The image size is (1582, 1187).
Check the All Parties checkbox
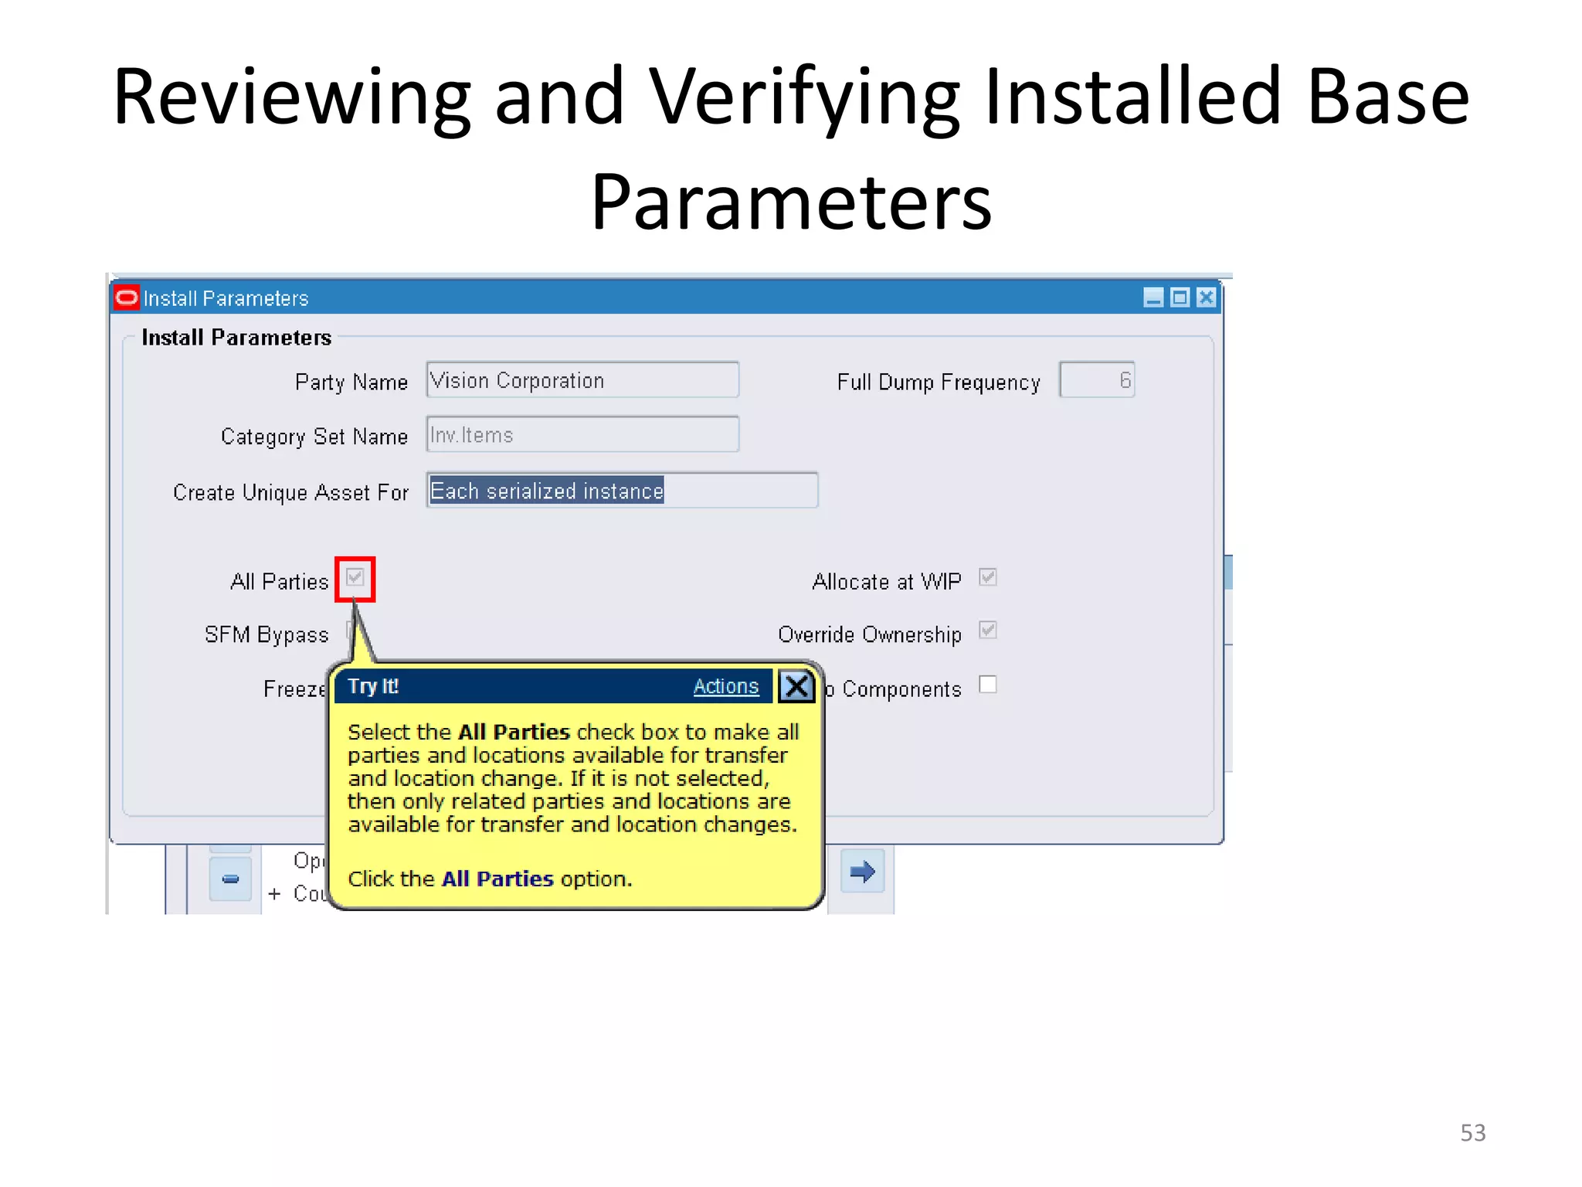click(355, 577)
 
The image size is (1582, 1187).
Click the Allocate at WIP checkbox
click(987, 577)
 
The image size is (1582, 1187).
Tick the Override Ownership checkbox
click(987, 631)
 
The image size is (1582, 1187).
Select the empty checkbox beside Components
click(987, 685)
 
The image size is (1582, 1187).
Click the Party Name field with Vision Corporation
click(582, 380)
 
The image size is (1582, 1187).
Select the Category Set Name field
click(582, 435)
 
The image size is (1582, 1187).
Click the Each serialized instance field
click(621, 491)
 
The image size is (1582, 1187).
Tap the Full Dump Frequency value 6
click(1096, 380)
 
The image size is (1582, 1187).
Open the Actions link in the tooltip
click(725, 686)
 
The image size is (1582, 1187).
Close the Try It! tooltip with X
click(796, 686)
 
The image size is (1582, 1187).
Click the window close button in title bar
click(1206, 298)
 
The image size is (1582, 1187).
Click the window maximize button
click(1180, 298)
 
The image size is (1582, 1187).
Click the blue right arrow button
click(862, 872)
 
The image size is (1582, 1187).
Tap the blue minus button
click(230, 879)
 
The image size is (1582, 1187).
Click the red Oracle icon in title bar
click(126, 298)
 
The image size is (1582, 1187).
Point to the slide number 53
click(1472, 1133)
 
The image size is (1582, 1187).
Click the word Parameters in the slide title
click(791, 202)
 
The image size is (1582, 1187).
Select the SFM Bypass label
click(266, 634)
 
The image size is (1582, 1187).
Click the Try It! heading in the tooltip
click(373, 686)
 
